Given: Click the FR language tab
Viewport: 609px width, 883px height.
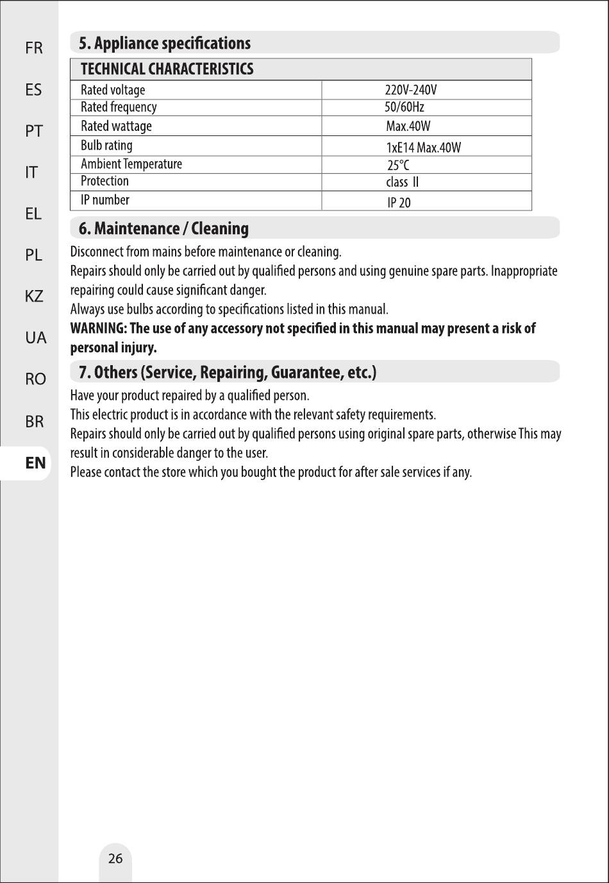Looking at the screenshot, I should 34,48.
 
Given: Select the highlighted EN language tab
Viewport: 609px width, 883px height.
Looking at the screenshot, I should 35,463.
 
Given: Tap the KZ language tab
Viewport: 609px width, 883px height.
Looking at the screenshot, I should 34,296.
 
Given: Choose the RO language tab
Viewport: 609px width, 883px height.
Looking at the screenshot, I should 35,379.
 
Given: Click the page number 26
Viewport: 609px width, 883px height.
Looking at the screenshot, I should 115,859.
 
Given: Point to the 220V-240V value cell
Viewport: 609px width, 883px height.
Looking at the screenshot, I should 410,90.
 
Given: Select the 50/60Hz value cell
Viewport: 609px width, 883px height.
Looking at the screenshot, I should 404,107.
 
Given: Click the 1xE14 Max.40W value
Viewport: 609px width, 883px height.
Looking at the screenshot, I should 423,148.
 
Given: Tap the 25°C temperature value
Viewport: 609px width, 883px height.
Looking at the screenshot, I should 398,165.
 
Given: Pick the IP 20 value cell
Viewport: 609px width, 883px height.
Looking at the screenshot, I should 399,203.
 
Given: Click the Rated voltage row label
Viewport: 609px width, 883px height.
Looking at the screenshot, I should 113,90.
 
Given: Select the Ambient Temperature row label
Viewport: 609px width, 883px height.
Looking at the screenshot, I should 131,164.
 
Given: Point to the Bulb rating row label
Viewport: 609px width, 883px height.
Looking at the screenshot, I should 106,146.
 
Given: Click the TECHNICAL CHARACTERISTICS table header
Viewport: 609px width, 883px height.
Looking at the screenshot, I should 167,69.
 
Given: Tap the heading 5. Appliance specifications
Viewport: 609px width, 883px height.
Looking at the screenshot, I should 165,44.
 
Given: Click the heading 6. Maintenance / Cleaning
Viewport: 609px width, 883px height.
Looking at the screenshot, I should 163,228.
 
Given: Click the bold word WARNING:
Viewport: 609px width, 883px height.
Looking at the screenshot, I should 98,329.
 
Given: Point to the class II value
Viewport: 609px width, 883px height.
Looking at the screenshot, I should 402,182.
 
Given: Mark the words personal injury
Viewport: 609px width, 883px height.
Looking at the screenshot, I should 113,348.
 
